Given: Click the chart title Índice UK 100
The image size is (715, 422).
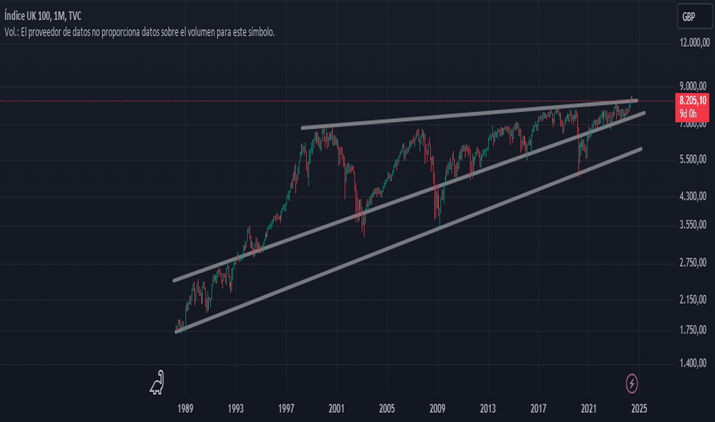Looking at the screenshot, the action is point(27,16).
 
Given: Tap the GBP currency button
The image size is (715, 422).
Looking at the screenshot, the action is point(694,17).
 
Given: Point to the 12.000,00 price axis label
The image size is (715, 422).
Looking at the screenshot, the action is point(694,43).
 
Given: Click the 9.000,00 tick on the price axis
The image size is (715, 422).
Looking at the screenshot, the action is point(693,86).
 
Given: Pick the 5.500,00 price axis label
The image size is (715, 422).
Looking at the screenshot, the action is point(693,160).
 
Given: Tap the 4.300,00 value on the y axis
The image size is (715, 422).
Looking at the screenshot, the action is point(693,196).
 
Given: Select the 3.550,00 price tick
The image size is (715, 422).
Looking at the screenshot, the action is point(693,225).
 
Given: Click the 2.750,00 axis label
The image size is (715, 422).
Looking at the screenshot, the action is point(693,262).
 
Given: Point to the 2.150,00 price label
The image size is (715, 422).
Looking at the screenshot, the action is point(693,300).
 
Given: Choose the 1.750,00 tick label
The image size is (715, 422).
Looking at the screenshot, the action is point(693,330).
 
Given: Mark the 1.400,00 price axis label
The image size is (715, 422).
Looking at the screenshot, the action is point(693,364).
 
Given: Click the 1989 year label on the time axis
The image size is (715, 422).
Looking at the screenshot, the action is point(185,408).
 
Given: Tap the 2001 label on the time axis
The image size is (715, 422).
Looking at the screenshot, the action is point(337,408).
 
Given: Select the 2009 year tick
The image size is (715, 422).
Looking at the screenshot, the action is point(437,408).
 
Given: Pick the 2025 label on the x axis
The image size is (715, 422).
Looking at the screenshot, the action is point(639,408).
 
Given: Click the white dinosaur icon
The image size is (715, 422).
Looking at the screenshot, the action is point(157,383).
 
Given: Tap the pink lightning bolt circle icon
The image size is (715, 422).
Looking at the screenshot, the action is point(631,384).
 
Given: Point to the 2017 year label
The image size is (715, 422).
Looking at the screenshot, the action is point(539,408).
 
